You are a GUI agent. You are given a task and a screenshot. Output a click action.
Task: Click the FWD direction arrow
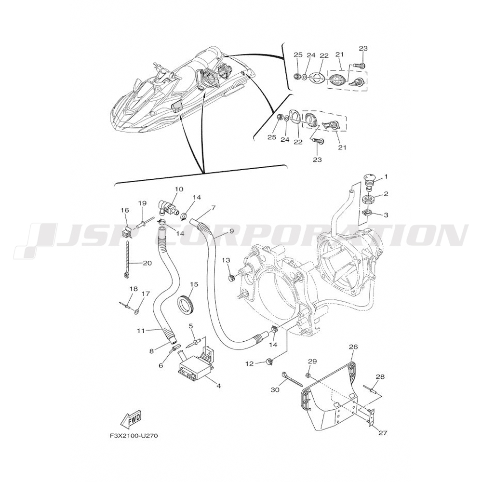(x=131, y=420)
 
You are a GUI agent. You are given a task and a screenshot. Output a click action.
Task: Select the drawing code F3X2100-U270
(x=134, y=436)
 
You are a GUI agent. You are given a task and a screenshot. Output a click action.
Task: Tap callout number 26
(x=353, y=347)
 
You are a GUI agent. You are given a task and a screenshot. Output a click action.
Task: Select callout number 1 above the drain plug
(x=386, y=177)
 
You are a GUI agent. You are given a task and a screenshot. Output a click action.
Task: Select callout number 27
(x=383, y=432)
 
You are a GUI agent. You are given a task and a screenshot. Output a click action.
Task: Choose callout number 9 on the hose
(x=231, y=231)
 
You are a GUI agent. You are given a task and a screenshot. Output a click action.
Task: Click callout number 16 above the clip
(x=124, y=210)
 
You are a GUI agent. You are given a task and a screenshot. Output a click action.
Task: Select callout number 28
(x=380, y=376)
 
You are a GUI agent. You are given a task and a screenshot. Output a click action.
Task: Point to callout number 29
(x=312, y=361)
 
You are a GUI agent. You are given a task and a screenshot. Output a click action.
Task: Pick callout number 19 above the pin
(x=142, y=203)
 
